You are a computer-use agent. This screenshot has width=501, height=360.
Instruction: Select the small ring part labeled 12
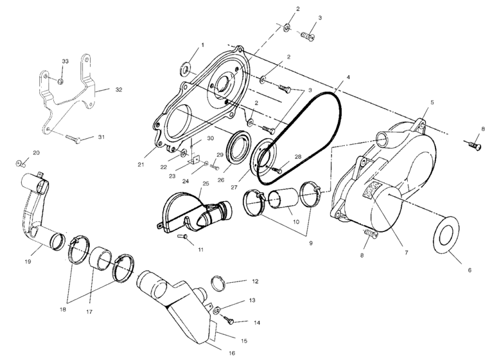[218, 283]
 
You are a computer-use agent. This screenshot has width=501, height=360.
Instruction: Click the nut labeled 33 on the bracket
[60, 82]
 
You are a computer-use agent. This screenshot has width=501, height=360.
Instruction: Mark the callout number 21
[141, 165]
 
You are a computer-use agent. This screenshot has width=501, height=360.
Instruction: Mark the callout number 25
[206, 184]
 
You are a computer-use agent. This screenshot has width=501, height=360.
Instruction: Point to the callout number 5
[432, 102]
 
